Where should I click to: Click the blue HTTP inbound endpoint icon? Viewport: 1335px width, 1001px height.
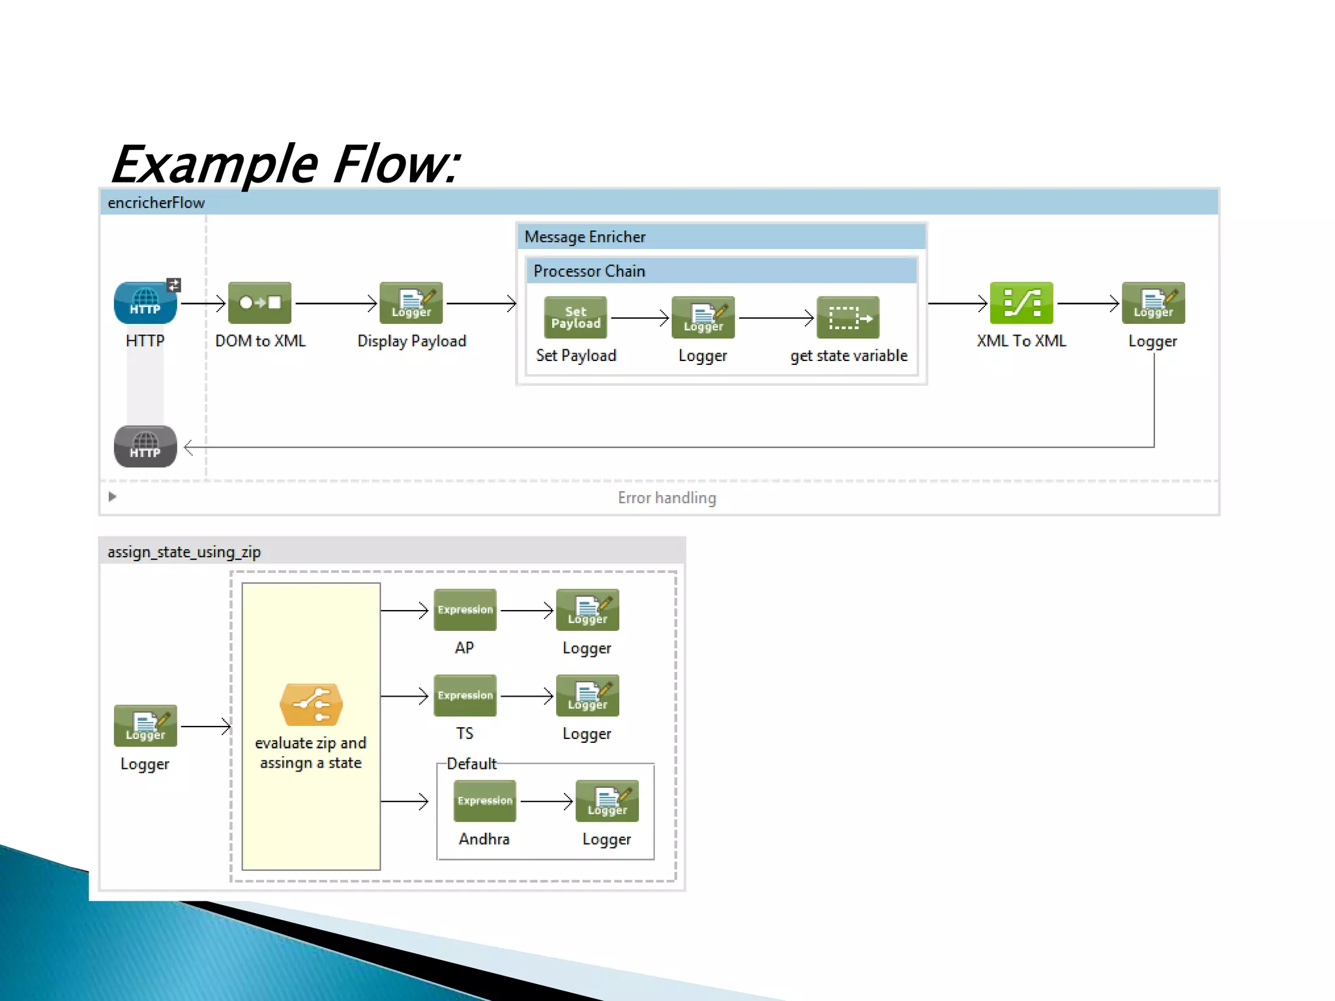click(x=145, y=303)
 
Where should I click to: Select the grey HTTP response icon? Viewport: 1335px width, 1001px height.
click(x=145, y=446)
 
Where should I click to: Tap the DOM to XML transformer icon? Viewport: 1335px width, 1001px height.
click(x=259, y=303)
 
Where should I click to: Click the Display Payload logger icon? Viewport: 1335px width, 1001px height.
click(x=411, y=303)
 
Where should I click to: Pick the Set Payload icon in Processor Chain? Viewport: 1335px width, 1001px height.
click(x=576, y=317)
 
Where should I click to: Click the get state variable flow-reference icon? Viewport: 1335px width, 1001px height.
click(x=847, y=317)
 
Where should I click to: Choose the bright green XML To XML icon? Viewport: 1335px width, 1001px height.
click(x=1021, y=303)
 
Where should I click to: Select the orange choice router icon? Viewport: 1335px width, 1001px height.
click(x=311, y=704)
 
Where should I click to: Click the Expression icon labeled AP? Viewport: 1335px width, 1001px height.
click(x=465, y=610)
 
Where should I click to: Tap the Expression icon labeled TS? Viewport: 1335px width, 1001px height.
click(x=465, y=695)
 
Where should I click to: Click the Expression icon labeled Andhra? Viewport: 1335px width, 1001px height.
click(x=484, y=801)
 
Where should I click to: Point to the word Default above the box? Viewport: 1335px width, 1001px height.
click(x=471, y=764)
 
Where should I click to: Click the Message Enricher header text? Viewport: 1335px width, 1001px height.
click(x=585, y=237)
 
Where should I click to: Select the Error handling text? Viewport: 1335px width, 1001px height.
click(x=666, y=498)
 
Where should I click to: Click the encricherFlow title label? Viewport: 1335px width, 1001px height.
click(x=156, y=203)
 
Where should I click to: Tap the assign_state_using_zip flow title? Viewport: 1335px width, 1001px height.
click(x=184, y=552)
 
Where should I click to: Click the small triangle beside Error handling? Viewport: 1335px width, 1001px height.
click(x=112, y=497)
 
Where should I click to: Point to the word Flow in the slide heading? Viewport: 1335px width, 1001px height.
click(x=395, y=164)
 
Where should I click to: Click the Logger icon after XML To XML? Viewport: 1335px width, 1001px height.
click(x=1152, y=303)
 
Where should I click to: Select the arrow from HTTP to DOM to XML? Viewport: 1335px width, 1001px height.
click(x=203, y=303)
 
